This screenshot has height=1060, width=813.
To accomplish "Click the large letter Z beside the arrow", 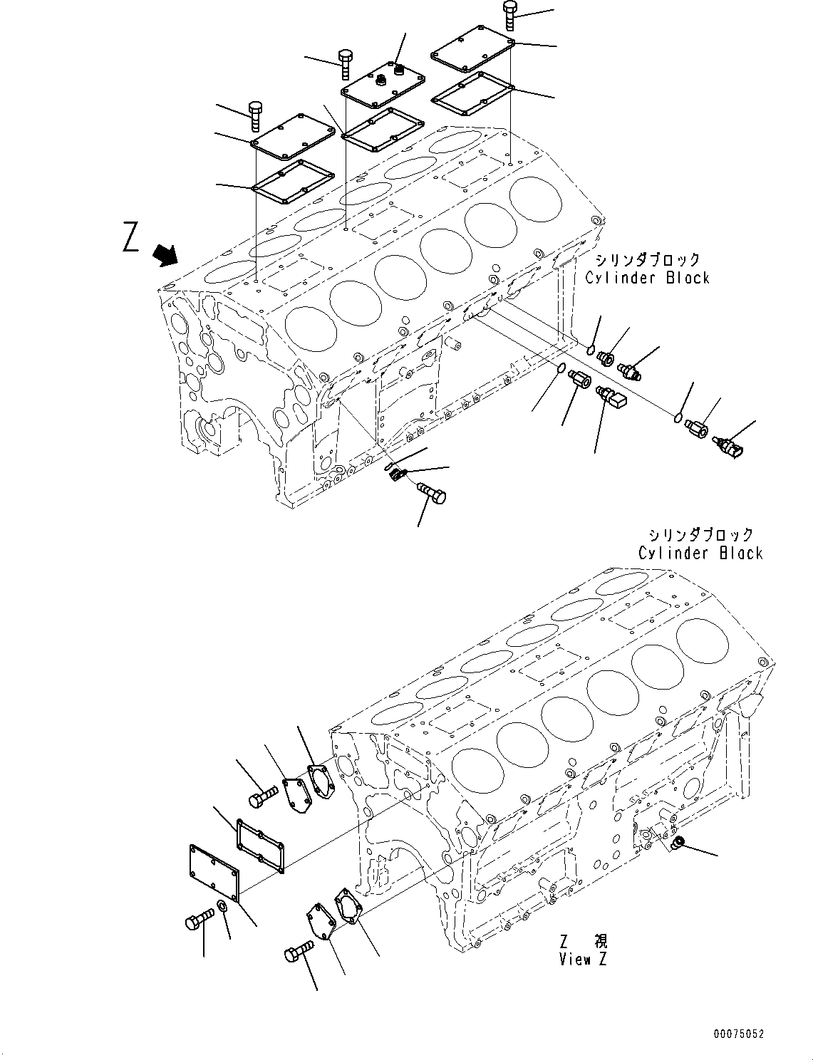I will [130, 237].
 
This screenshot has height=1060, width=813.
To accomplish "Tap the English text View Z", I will [583, 960].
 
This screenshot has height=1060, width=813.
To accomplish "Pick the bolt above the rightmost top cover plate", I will [510, 15].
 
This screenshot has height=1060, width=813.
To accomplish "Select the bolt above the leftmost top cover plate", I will [256, 117].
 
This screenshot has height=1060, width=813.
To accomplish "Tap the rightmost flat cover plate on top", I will [473, 48].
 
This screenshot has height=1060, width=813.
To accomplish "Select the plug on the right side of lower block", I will [679, 843].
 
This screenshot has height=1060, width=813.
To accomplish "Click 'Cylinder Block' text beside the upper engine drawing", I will [647, 278].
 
